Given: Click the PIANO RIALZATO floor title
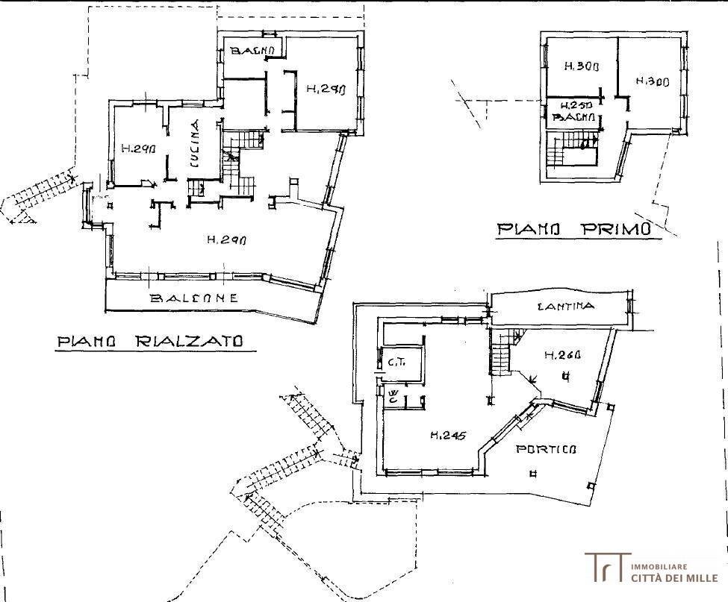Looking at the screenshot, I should click(x=150, y=342).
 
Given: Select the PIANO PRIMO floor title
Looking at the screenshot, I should click(x=579, y=230).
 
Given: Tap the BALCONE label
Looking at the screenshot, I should click(x=194, y=298).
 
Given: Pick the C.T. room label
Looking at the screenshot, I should click(x=396, y=363).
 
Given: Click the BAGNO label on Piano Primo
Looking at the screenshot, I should click(x=573, y=118).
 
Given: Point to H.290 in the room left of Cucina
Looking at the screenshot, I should click(x=137, y=148).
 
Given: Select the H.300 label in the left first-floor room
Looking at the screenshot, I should click(x=580, y=66).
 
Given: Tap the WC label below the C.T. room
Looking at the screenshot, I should click(x=393, y=395).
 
